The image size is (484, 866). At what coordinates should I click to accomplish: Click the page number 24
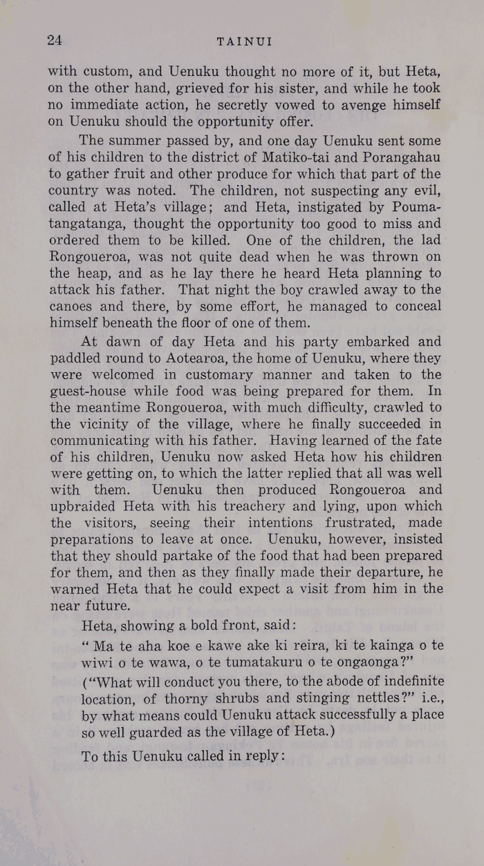tap(55, 40)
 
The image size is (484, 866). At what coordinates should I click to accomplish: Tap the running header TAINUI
tap(245, 41)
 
